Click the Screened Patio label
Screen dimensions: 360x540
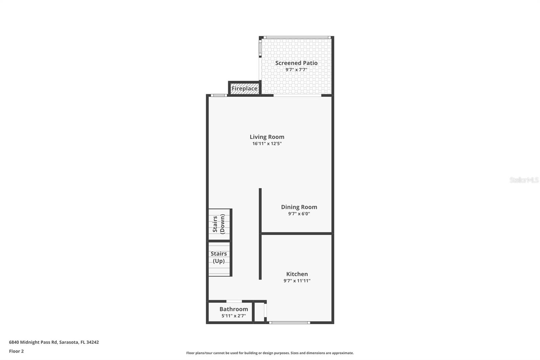click(x=296, y=63)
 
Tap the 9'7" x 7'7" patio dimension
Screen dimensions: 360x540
click(x=296, y=70)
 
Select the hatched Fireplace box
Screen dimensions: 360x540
click(x=244, y=88)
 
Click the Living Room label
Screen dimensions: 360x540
click(x=267, y=137)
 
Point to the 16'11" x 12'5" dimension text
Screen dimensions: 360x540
click(x=267, y=144)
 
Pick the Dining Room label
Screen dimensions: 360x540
click(x=299, y=207)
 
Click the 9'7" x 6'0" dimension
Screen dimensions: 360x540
click(x=299, y=214)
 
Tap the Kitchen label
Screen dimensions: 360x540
click(x=297, y=274)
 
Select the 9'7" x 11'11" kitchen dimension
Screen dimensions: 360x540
click(x=297, y=281)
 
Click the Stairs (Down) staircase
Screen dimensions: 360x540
click(x=219, y=224)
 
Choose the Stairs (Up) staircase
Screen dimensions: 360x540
click(x=219, y=258)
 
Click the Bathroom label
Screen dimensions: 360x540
click(x=234, y=309)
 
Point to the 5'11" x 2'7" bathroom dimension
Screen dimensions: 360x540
click(x=234, y=316)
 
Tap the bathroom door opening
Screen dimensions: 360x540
click(x=234, y=301)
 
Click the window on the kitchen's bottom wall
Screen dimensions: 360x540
click(x=289, y=323)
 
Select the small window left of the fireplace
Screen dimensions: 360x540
click(x=219, y=95)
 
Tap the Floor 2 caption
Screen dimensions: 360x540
click(x=16, y=351)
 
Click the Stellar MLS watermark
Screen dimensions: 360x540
click(x=524, y=180)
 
